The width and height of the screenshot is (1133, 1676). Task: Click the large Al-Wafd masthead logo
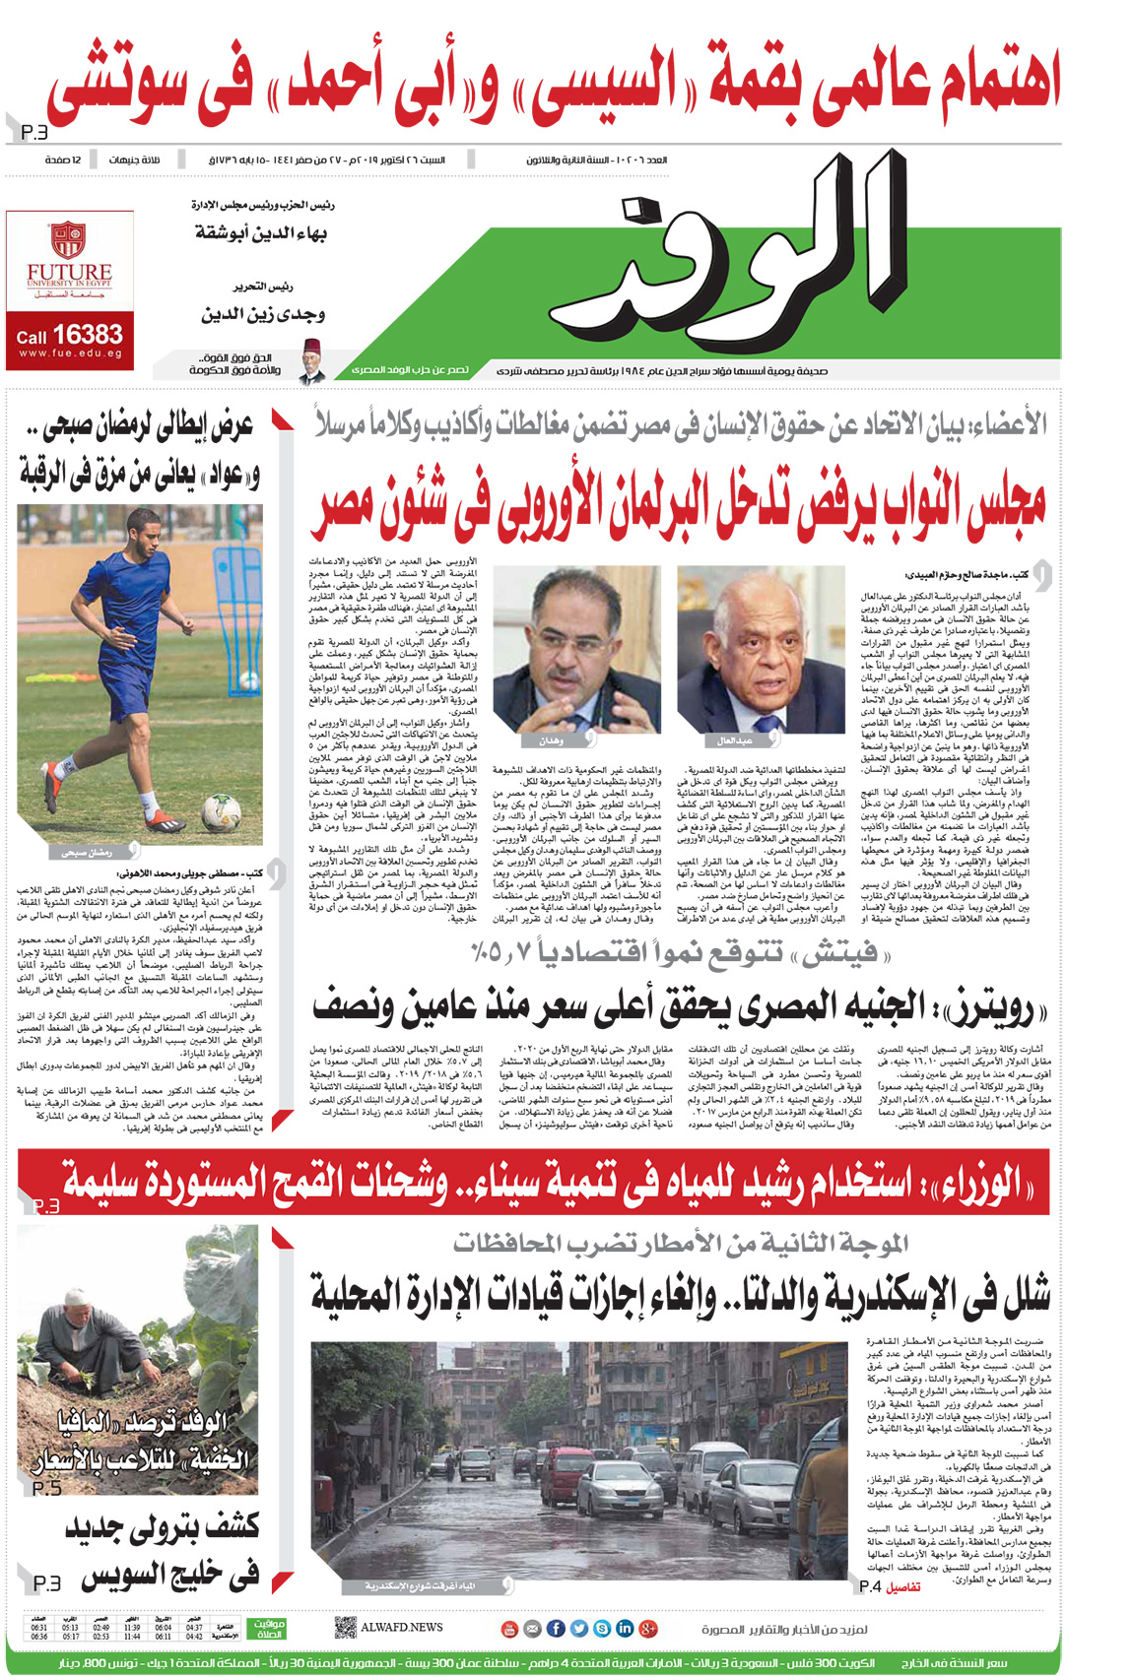tap(749, 261)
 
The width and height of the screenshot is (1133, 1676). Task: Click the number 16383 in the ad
tap(88, 335)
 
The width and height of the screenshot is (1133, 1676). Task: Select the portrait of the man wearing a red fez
tap(312, 358)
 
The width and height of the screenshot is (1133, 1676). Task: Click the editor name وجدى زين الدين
tap(263, 315)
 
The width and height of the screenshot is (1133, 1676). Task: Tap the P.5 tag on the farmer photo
tap(46, 1489)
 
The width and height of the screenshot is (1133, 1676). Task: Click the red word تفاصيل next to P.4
tap(902, 1586)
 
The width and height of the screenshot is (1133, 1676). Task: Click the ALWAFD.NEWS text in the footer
tap(401, 1628)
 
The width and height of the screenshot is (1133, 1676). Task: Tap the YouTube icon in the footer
tap(509, 1629)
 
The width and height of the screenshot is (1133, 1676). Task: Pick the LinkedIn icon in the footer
tap(625, 1629)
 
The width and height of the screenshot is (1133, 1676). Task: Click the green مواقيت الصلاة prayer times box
tap(268, 1628)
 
